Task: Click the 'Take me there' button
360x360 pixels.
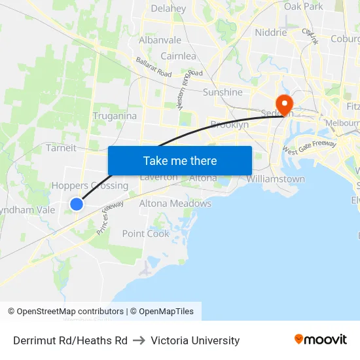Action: click(x=179, y=160)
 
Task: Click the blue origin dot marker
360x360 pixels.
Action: click(x=77, y=204)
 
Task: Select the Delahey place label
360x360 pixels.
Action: click(x=168, y=9)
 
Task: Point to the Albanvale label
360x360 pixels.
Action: click(x=160, y=40)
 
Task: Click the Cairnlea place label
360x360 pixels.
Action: click(x=178, y=56)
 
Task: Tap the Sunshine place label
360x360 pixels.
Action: click(x=223, y=92)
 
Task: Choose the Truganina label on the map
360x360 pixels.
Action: click(x=115, y=116)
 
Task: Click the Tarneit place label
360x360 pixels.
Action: click(x=61, y=148)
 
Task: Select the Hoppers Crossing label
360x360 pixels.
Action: click(x=90, y=185)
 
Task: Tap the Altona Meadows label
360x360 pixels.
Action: click(x=175, y=204)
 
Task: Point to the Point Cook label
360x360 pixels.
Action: click(x=145, y=234)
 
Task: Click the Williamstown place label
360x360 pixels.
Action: click(x=276, y=179)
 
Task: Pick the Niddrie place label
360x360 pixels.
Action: click(x=270, y=32)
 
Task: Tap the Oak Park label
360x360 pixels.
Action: click(x=303, y=7)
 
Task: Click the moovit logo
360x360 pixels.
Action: click(x=320, y=340)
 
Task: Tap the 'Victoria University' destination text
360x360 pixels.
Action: click(x=195, y=340)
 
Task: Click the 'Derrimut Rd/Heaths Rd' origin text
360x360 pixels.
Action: click(x=70, y=340)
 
